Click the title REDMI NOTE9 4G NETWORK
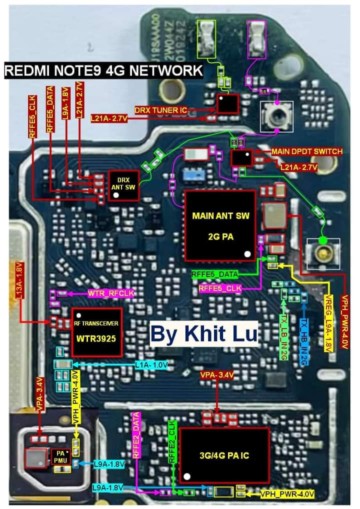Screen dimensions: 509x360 pos(103,70)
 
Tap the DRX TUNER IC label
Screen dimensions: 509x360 pos(160,109)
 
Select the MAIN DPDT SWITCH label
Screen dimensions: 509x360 pos(306,151)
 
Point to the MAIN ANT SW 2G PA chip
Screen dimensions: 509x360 pos(220,225)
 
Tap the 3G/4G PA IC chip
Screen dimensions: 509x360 pos(224,455)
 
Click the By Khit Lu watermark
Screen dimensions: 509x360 pos(203,333)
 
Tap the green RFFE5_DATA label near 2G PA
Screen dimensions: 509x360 pos(214,274)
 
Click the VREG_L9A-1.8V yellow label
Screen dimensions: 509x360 pos(328,324)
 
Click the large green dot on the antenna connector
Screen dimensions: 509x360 pos(323,241)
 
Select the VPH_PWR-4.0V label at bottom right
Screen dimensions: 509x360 pos(287,494)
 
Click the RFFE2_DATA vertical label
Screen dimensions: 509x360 pos(136,435)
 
